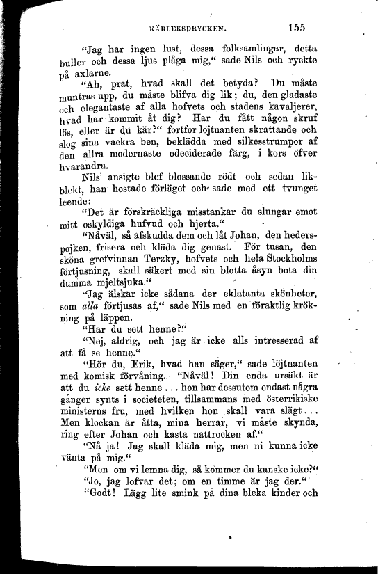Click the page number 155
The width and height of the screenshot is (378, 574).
[295, 27]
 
